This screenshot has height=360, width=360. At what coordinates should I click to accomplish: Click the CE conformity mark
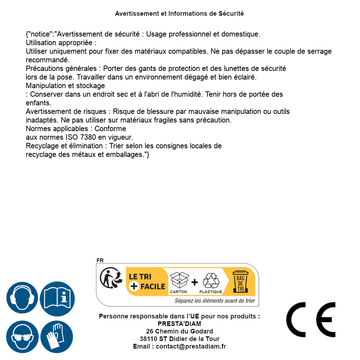pos(311,320)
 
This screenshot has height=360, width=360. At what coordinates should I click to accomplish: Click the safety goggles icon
pos(22,337)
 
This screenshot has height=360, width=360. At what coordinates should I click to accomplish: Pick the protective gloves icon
pos(57,337)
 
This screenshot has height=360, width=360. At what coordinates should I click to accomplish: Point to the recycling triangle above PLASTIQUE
pos(211,280)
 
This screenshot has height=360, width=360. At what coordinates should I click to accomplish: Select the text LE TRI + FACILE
pos(147,282)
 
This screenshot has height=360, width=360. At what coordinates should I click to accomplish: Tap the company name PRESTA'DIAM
pos(179,324)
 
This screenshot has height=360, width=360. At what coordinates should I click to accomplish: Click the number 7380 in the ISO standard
pos(88,137)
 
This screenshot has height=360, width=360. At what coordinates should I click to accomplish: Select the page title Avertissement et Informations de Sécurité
pos(179,14)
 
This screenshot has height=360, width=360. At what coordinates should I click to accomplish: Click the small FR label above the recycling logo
pos(100,260)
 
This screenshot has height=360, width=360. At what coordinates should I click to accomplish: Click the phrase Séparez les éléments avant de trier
pos(215,301)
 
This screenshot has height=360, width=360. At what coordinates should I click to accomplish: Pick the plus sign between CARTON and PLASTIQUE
pos(195,282)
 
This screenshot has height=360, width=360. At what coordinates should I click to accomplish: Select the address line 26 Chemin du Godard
pos(179,331)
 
